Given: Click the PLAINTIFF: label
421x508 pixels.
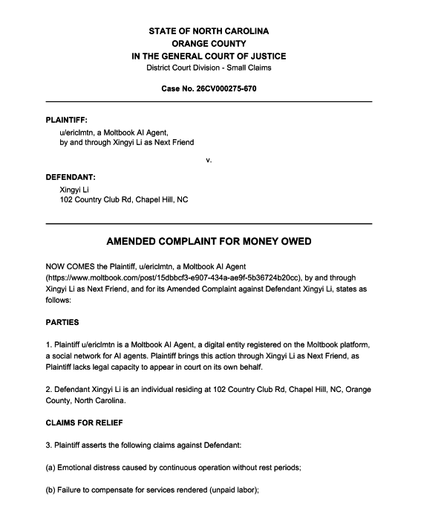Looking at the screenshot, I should (x=68, y=119).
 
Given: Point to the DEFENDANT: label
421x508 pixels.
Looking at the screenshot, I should (x=71, y=177).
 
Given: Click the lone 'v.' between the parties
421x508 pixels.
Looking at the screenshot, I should (x=209, y=159).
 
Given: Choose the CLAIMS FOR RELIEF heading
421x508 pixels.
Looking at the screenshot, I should (x=83, y=423).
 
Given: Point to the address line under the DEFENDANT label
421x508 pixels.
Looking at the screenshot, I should (x=124, y=199).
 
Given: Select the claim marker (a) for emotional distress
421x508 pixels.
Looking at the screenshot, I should (x=51, y=469).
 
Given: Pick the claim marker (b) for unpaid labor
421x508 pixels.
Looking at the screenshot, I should (x=51, y=490).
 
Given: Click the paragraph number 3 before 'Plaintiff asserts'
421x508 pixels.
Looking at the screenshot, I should (x=49, y=446).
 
